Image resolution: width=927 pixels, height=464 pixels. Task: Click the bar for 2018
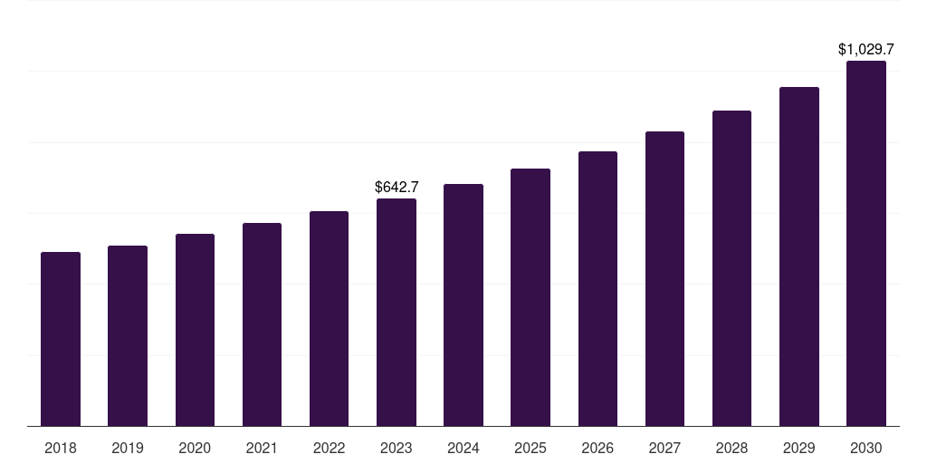tap(61, 339)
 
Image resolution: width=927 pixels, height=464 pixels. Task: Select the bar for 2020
tap(195, 330)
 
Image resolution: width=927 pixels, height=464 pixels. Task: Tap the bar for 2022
tap(329, 318)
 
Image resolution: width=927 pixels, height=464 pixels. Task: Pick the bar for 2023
tap(397, 312)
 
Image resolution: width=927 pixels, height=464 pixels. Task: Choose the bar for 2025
tap(530, 297)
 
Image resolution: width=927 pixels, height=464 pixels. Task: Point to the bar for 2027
tap(664, 278)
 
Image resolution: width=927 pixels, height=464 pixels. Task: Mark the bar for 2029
tap(798, 256)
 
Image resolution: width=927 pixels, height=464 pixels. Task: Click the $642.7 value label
tap(397, 187)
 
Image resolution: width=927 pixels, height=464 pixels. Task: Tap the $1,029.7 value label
tap(866, 49)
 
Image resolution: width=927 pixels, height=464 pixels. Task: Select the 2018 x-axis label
tap(61, 448)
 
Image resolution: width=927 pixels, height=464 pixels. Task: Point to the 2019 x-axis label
tap(128, 448)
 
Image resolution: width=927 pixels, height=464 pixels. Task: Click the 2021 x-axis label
tap(262, 448)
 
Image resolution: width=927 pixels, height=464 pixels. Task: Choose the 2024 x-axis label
tap(463, 448)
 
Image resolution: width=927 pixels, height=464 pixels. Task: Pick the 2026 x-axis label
tap(597, 448)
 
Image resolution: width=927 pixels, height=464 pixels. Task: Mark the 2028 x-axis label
tap(731, 448)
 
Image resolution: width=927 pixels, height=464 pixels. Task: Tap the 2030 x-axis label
tap(866, 448)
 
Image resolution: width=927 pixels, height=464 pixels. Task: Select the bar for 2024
tap(463, 304)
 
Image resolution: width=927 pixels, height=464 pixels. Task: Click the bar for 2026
tap(597, 288)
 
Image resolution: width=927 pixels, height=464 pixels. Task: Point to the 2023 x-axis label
tap(397, 448)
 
